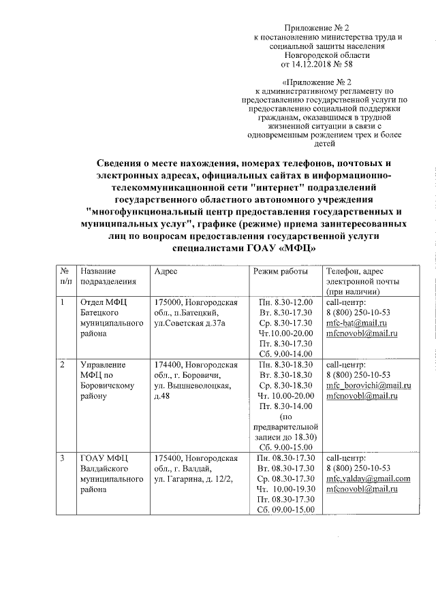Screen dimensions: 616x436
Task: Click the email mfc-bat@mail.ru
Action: click(x=356, y=322)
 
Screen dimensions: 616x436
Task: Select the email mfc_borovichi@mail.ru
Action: click(x=369, y=385)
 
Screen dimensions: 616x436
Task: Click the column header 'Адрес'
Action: click(x=166, y=271)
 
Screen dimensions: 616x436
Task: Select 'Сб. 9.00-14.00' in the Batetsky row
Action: click(x=285, y=354)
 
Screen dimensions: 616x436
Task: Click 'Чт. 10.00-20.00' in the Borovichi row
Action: click(x=285, y=395)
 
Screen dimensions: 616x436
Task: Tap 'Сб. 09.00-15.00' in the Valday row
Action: click(x=285, y=510)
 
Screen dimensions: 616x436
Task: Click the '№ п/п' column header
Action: click(x=66, y=276)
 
